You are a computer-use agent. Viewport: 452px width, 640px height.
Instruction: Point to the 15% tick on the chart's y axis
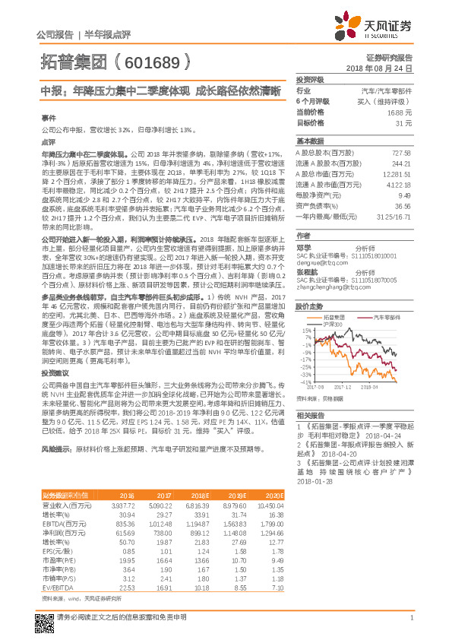[x=306, y=331]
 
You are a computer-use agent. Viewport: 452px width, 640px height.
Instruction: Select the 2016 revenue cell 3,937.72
[x=122, y=505]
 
